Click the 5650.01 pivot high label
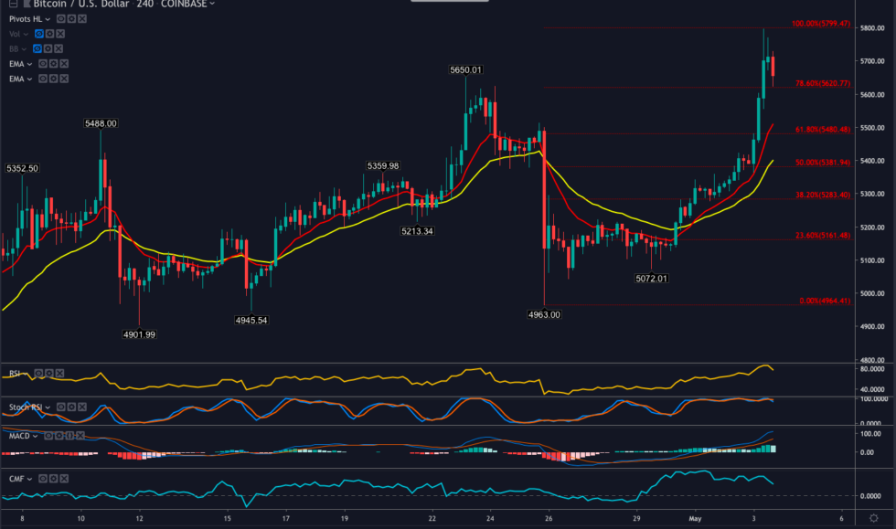465,70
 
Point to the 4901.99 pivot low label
139,334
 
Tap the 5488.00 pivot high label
101,123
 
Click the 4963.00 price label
544,314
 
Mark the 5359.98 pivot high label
383,166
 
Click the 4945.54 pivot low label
252,321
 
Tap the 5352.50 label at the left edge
22,169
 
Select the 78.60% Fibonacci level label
823,83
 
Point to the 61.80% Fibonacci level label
823,130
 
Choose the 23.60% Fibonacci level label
823,236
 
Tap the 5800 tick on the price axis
870,29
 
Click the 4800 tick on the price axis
870,359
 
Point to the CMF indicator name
16,477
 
